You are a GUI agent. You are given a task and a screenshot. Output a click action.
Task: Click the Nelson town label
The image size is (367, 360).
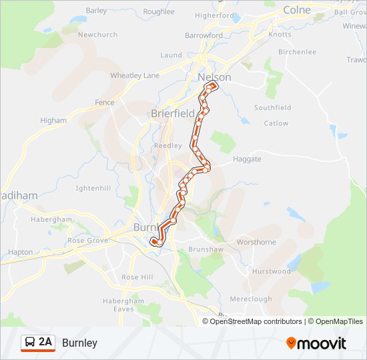tap(214, 77)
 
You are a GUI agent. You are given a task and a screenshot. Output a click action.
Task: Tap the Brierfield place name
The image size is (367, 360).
tap(172, 113)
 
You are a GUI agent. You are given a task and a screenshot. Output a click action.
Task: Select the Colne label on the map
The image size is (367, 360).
tap(297, 10)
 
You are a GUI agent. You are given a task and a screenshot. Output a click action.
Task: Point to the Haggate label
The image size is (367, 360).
tap(247, 159)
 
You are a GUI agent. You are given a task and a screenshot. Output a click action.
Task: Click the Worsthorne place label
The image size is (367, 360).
tap(256, 242)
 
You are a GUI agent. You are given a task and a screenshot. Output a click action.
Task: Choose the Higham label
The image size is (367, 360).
tap(53, 121)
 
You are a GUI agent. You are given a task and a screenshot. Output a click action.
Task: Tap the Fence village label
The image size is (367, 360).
tap(105, 103)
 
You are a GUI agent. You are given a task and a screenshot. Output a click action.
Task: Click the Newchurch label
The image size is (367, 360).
tap(97, 35)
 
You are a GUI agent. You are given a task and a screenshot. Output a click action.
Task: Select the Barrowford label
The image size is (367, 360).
tap(204, 35)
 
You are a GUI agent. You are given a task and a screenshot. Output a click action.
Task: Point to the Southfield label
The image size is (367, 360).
tap(272, 107)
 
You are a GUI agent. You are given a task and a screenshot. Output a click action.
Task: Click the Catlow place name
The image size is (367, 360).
tap(276, 123)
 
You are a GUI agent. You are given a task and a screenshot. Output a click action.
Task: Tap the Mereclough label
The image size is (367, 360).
tap(250, 299)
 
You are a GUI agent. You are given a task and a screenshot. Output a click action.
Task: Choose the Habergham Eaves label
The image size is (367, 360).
tap(123, 305)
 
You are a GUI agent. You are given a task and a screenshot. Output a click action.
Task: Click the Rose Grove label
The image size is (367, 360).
tap(87, 241)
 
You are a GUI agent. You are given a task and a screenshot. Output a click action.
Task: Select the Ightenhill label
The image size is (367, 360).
tap(93, 189)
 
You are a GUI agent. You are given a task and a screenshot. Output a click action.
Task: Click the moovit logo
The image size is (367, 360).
tap(316, 343)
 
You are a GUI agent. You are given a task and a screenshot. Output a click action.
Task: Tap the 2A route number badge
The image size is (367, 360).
tap(45, 342)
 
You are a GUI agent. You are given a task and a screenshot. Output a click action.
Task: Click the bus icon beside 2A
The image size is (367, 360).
tap(30, 343)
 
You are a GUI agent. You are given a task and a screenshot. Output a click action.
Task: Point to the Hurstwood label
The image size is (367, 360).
tap(271, 271)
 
